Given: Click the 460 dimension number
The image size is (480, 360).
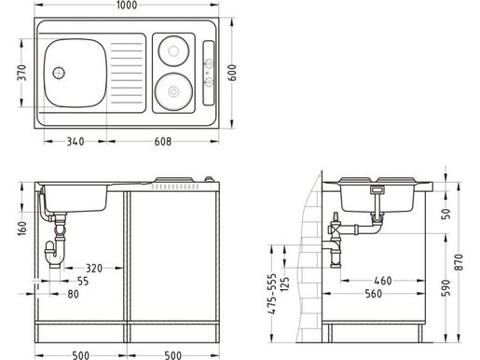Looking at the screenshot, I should coord(382,281).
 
